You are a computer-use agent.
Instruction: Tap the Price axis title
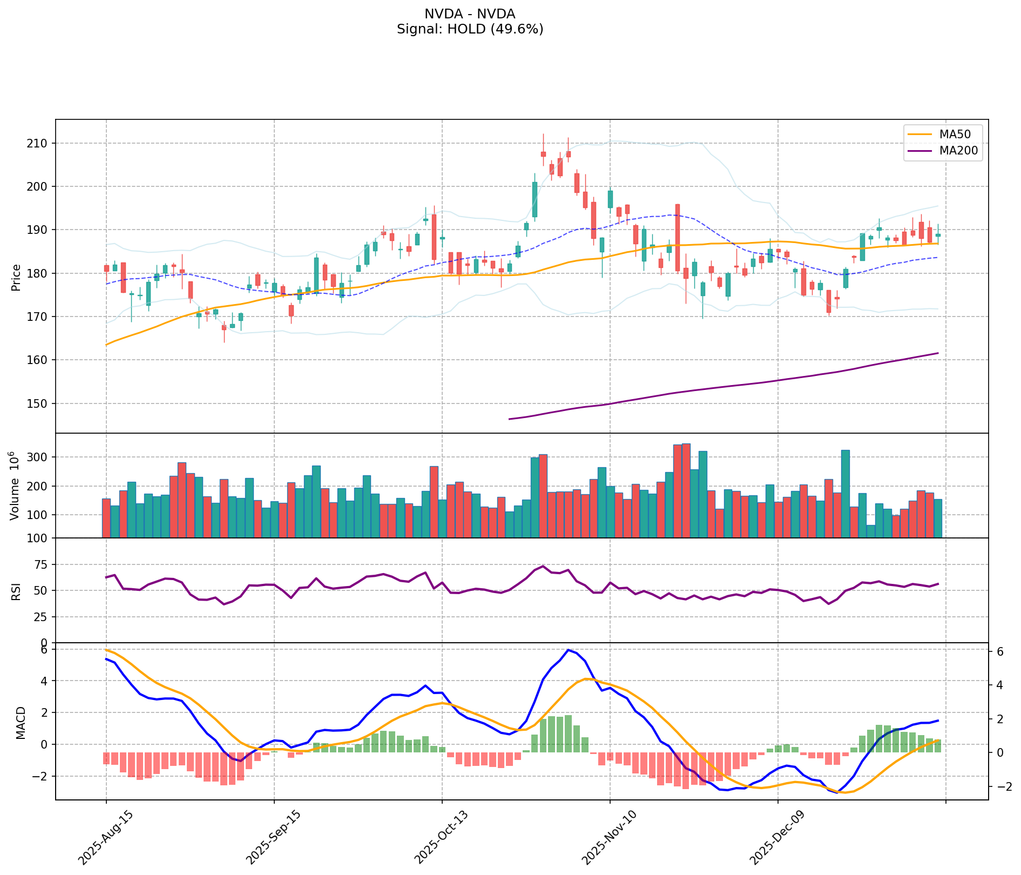(16, 277)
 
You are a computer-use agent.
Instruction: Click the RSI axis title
(16, 591)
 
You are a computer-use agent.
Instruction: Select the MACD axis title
(21, 722)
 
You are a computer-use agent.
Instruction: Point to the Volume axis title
(15, 486)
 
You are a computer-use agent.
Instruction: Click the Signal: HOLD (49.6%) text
(470, 29)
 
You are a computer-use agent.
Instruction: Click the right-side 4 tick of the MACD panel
(999, 685)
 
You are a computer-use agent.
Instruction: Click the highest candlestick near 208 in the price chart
(543, 154)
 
